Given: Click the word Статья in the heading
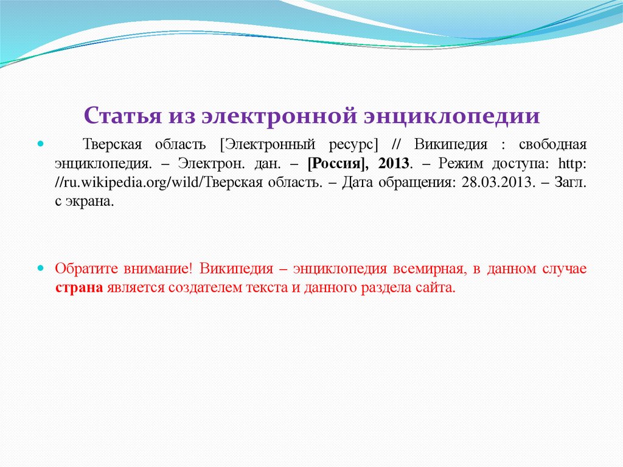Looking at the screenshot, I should [118, 116].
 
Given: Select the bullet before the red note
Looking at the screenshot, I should [41, 269].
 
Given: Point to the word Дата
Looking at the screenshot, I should [357, 183].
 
